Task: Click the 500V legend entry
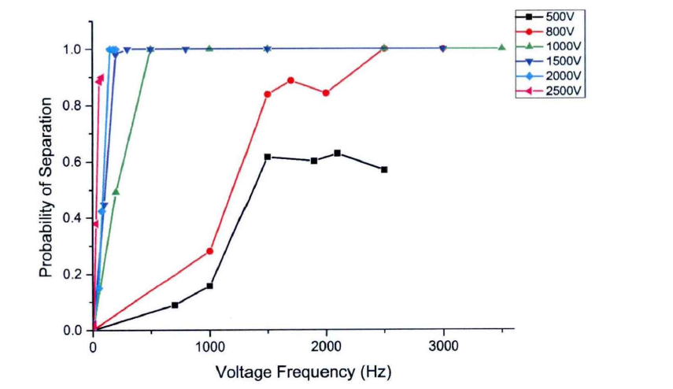tap(566, 16)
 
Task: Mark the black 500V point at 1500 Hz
tap(268, 157)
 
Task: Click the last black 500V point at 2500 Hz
tap(384, 169)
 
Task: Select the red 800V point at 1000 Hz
tap(209, 251)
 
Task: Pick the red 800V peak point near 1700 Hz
tap(291, 80)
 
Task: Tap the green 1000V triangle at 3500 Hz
tap(501, 47)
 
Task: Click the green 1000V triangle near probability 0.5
tap(116, 191)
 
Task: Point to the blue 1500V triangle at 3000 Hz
tap(442, 49)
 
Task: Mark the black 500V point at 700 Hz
tap(175, 305)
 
